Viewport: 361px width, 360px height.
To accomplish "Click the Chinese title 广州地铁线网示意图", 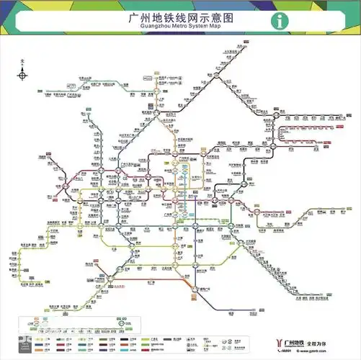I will tap(180, 15).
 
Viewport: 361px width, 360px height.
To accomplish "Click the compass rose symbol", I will tap(23, 75).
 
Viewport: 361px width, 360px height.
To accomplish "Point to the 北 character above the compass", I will tap(23, 63).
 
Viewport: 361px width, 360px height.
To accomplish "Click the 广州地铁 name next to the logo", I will tap(293, 338).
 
